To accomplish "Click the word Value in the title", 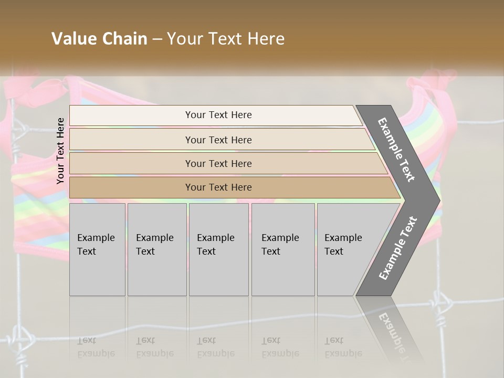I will [73, 39].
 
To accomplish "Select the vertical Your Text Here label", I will [60, 151].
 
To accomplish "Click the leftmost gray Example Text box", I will [97, 249].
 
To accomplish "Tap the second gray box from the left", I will [157, 249].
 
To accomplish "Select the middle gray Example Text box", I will [218, 249].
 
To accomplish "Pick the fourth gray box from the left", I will [283, 249].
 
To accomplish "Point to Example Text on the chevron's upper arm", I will [397, 149].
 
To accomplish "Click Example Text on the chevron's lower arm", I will [398, 248].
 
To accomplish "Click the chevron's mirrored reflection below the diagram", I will [391, 325].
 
